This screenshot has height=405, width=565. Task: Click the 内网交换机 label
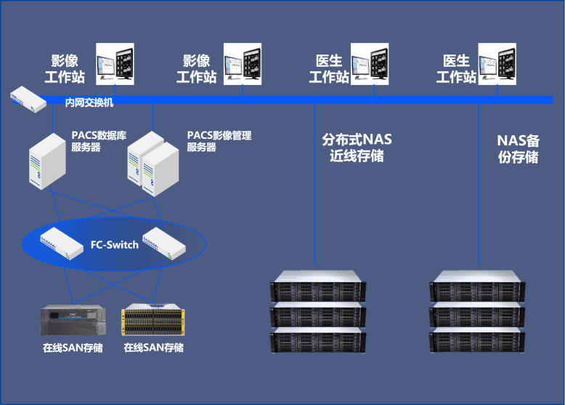89,103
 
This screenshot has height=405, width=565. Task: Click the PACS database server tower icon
46,162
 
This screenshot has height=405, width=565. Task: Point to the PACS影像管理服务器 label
219,141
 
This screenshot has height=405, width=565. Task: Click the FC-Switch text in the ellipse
114,244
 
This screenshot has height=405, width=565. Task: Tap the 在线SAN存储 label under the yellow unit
153,348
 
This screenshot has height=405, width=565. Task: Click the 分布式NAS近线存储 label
357,148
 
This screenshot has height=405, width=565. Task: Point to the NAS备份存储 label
518,148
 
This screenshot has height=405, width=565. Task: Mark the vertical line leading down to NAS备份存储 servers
479,189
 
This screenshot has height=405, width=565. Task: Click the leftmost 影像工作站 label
65,68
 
